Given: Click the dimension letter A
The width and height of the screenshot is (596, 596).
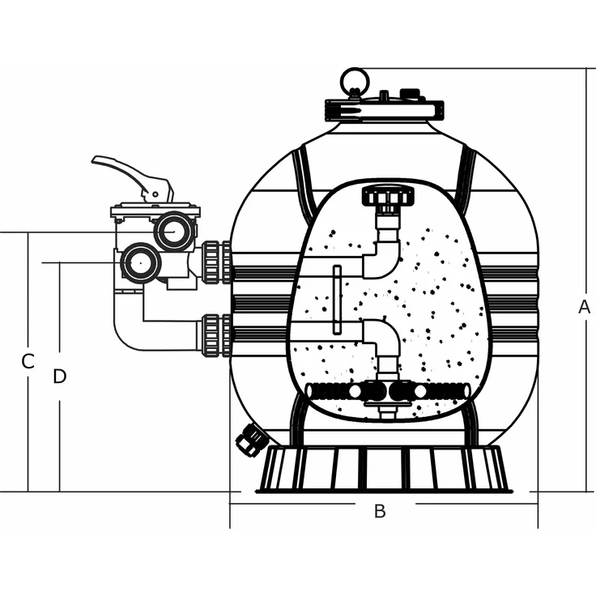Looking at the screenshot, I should coord(583,307).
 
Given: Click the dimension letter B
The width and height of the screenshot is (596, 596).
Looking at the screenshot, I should coord(379,511).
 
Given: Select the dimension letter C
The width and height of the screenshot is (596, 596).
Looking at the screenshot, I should coord(28,362).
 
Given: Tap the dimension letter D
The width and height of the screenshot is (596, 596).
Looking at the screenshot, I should coord(59,377).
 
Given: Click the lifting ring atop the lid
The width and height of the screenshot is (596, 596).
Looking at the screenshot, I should coord(354,82).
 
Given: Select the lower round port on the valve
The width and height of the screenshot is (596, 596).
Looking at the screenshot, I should coord(141,262).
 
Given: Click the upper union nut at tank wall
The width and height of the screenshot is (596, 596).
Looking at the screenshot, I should coord(215,262).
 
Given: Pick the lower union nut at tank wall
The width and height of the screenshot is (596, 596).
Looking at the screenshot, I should coord(215,335).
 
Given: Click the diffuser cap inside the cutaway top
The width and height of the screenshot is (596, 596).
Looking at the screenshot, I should coord(388,196).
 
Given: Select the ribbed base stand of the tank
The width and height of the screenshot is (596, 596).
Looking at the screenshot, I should coord(384,470).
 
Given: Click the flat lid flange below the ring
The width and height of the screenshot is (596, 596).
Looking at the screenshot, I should coord(384,109).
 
